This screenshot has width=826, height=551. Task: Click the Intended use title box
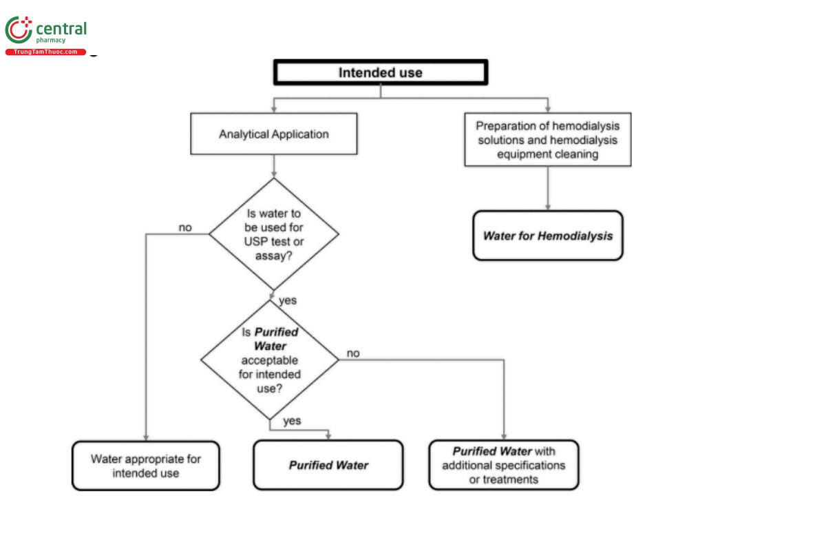[381, 72]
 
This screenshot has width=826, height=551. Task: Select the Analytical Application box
[273, 134]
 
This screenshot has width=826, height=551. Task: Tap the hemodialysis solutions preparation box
[548, 140]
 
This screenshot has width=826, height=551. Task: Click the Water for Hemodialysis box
[548, 236]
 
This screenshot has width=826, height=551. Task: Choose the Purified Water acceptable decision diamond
[270, 360]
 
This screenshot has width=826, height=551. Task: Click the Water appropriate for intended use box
[146, 466]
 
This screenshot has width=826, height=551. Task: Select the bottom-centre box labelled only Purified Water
[328, 466]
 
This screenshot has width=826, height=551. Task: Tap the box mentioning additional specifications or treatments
[504, 466]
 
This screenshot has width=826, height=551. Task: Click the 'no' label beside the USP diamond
[185, 227]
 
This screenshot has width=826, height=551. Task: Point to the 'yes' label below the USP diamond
[288, 300]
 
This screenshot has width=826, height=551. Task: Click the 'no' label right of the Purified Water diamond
[352, 353]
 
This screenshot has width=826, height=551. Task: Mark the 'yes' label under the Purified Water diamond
[292, 421]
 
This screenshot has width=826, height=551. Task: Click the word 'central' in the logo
[61, 28]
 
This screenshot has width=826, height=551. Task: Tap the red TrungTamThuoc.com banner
[45, 52]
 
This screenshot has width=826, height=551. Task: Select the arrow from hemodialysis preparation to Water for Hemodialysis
[548, 188]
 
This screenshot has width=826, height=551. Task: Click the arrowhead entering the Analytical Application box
[274, 110]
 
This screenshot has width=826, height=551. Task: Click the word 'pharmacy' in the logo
[50, 41]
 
